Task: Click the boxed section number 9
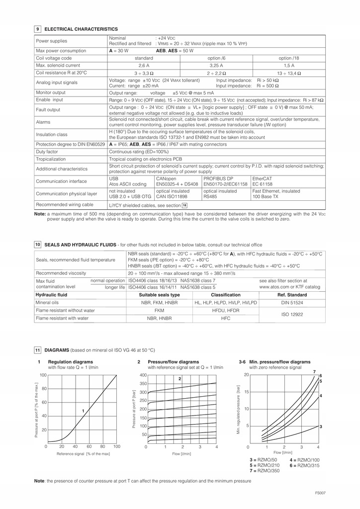[x=38, y=29]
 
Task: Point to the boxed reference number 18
[x=184, y=205]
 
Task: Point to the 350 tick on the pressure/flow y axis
[x=143, y=384]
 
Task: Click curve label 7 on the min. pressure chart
[x=314, y=372]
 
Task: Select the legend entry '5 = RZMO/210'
[x=265, y=465]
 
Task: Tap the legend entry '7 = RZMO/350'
[x=265, y=471]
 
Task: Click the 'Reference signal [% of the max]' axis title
[x=83, y=454]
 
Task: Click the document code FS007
[x=320, y=493]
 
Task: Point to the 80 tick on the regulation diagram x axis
[x=103, y=446]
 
